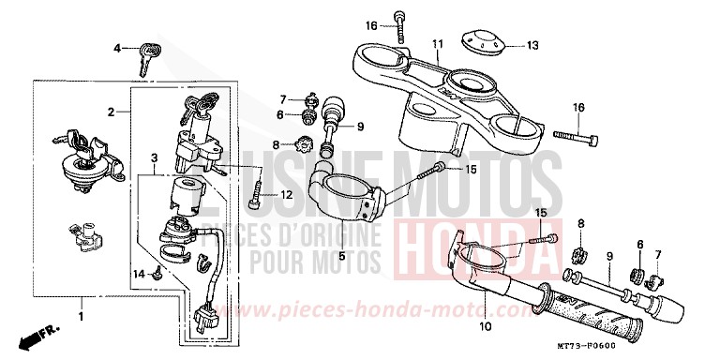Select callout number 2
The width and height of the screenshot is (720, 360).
click(x=111, y=112)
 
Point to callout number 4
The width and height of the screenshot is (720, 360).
click(x=118, y=47)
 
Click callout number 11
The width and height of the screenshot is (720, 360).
click(x=437, y=43)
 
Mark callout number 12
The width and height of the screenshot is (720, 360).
click(x=287, y=194)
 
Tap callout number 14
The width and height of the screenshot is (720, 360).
click(x=137, y=273)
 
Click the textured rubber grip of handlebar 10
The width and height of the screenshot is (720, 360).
click(x=592, y=316)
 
